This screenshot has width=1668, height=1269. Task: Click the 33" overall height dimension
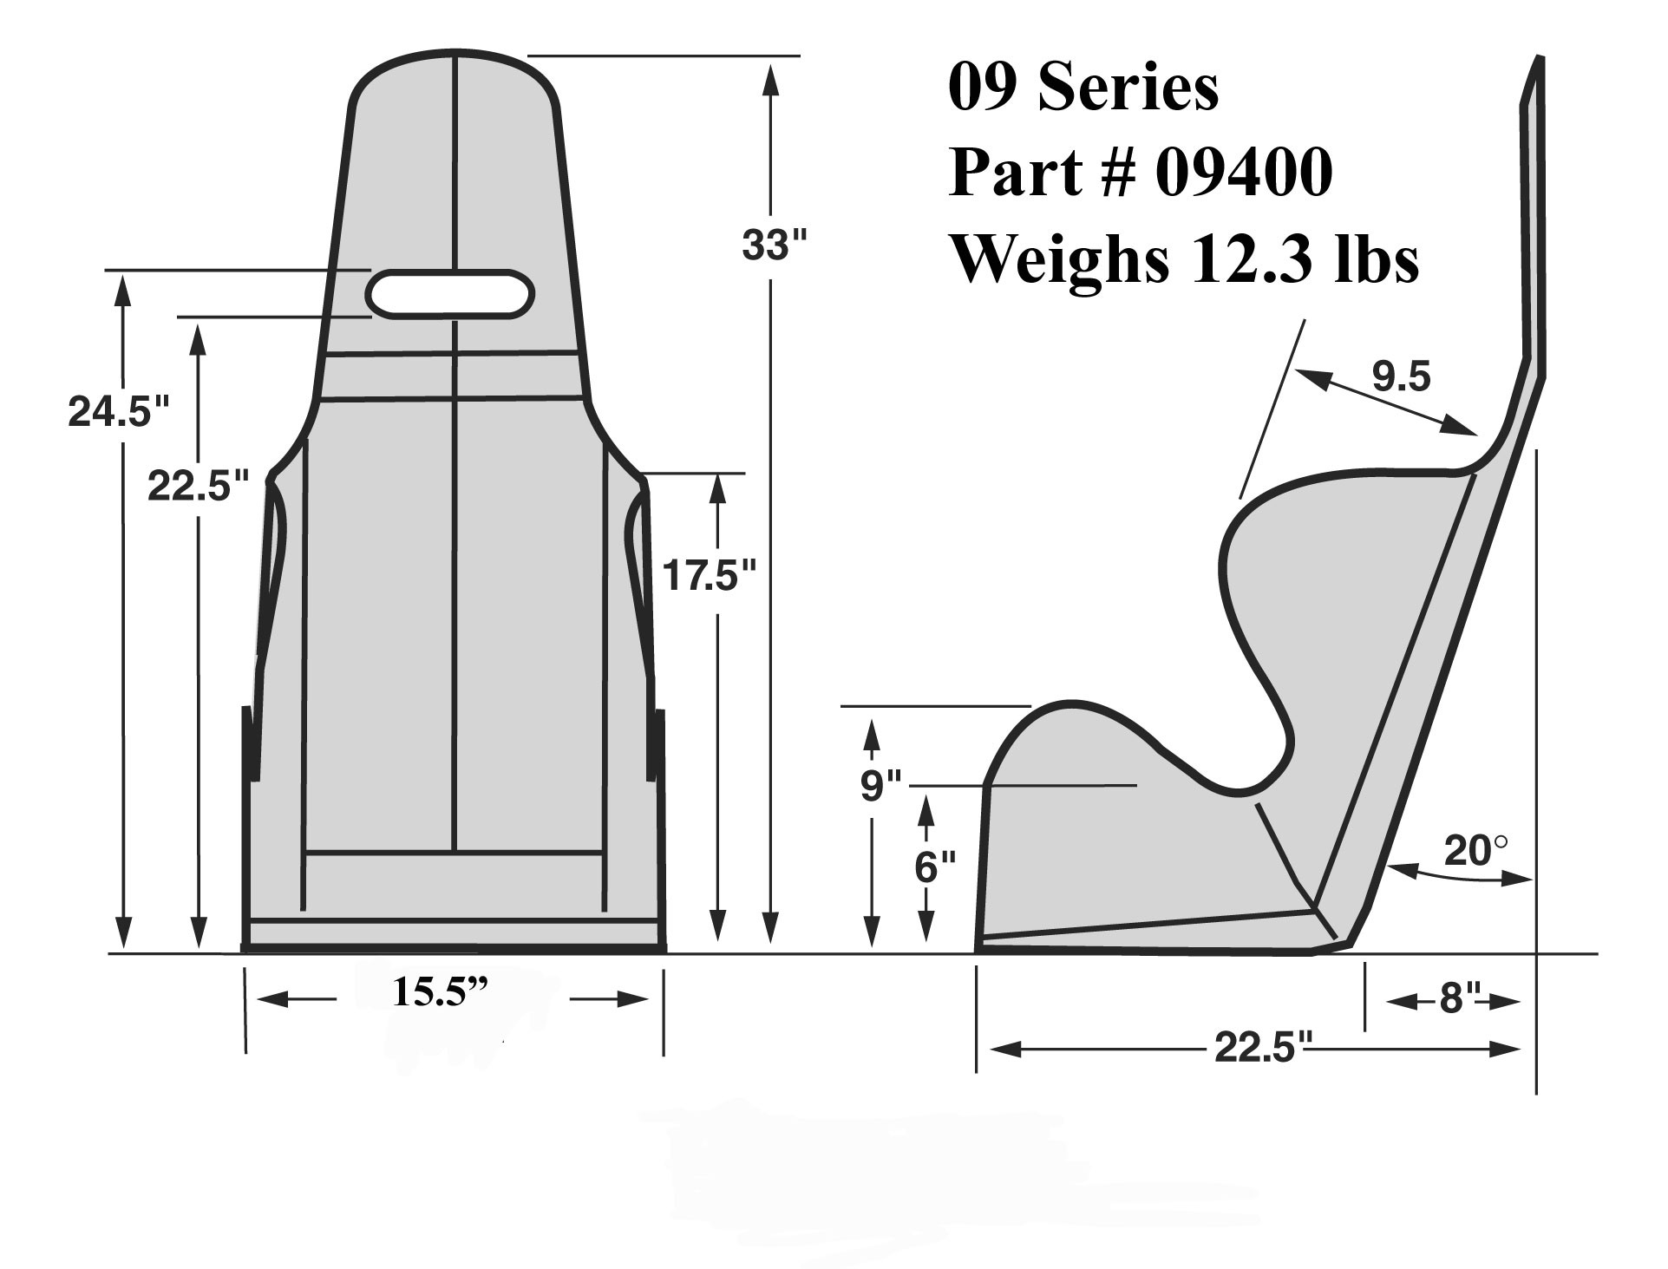point(775,246)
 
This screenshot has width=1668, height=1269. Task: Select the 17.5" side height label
point(710,574)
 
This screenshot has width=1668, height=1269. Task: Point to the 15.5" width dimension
point(440,991)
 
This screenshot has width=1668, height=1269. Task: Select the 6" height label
point(935,866)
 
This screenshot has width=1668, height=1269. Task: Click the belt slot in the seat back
point(449,292)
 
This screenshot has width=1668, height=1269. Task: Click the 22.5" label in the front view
point(199,486)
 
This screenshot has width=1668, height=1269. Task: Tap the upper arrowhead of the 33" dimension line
point(769,78)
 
